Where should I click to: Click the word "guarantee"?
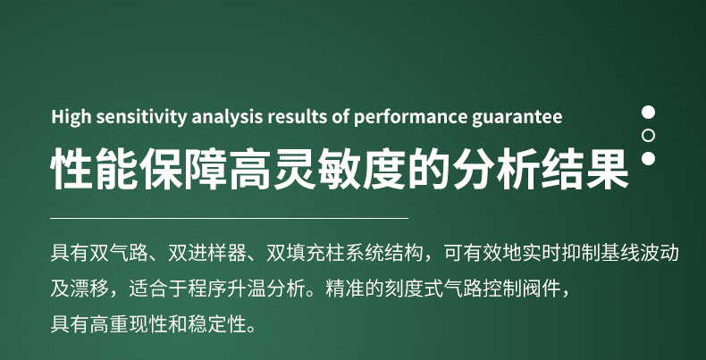pos(517,117)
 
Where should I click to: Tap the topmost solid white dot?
pos(649,112)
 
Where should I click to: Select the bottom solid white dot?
pos(649,158)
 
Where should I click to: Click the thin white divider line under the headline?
pos(229,218)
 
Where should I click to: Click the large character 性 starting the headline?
pos(72,168)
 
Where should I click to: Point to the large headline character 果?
pos(608,168)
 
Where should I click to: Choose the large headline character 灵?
pos(296,168)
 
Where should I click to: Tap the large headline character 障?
pos(206,168)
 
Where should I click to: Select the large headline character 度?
pos(384,168)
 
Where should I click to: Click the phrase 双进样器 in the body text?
pos(207,253)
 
